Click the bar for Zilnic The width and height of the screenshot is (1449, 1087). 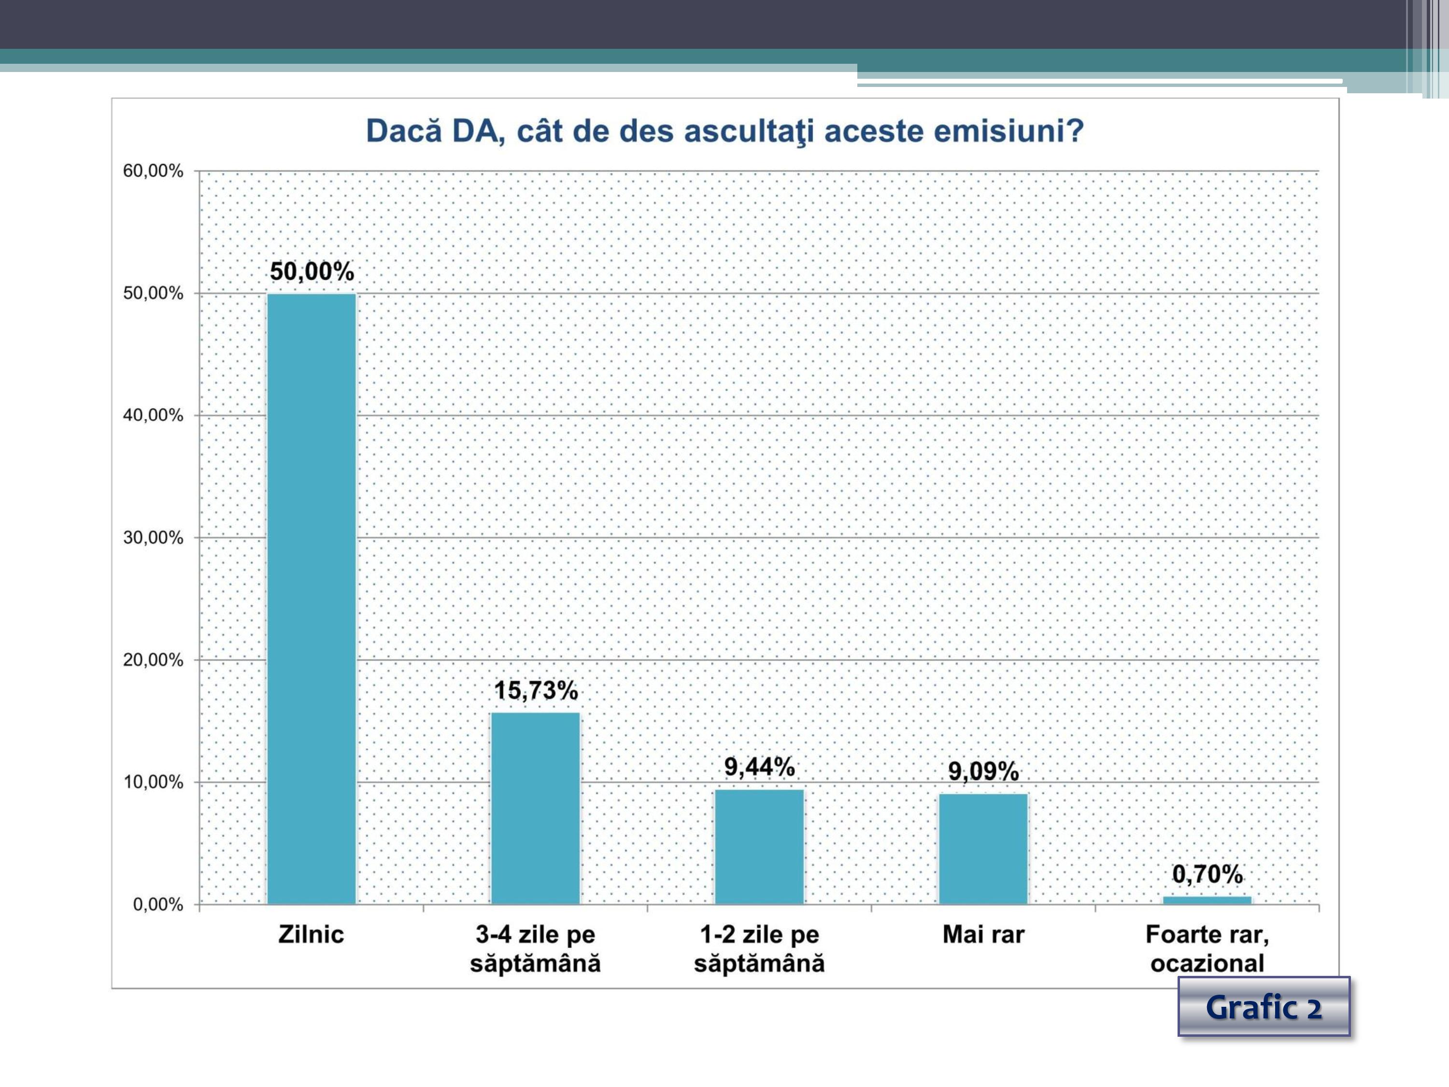(x=312, y=599)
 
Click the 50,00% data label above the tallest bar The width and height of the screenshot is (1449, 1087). (x=312, y=271)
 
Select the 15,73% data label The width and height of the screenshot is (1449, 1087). (x=535, y=690)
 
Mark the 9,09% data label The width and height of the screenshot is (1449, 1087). (x=983, y=771)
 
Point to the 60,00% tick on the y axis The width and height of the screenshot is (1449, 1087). (x=153, y=171)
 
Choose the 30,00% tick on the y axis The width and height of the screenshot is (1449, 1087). (x=153, y=538)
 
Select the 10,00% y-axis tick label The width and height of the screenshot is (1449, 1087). (x=153, y=782)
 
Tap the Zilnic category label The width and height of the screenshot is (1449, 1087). (x=311, y=934)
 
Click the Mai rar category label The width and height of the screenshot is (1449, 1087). (x=983, y=934)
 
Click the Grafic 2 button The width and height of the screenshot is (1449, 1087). (x=1264, y=1007)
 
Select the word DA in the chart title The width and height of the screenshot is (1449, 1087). (x=477, y=131)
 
